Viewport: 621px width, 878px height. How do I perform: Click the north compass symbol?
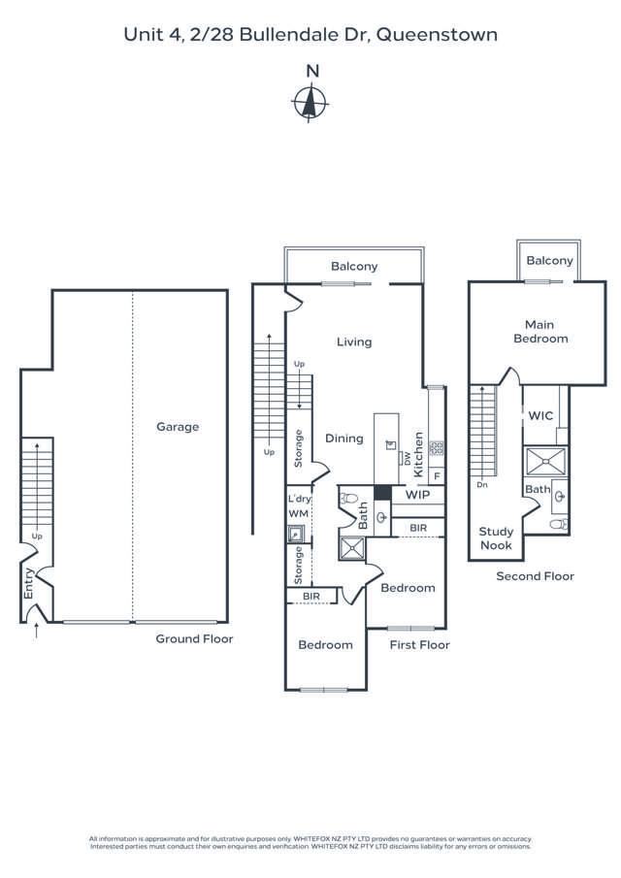point(311,101)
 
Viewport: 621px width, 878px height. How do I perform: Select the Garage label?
point(179,426)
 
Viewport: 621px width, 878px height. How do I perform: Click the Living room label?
point(354,341)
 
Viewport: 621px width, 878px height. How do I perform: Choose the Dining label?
point(343,438)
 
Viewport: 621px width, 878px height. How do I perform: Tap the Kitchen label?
point(419,453)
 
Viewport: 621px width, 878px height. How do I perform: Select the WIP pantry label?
point(417,495)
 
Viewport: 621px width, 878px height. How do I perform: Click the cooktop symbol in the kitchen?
point(437,447)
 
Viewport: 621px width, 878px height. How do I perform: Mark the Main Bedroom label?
point(546,332)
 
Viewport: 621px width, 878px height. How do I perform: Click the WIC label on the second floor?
point(541,415)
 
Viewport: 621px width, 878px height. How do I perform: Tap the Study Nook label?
point(496,537)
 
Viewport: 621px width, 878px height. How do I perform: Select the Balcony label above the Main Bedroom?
point(549,260)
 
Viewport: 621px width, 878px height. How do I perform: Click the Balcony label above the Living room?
point(354,266)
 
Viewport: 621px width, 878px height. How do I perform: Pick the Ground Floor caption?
point(194,639)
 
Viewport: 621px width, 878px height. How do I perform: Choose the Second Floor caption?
point(535,576)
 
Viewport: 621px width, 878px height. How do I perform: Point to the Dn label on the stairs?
point(481,484)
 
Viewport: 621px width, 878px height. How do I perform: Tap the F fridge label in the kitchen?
point(437,475)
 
